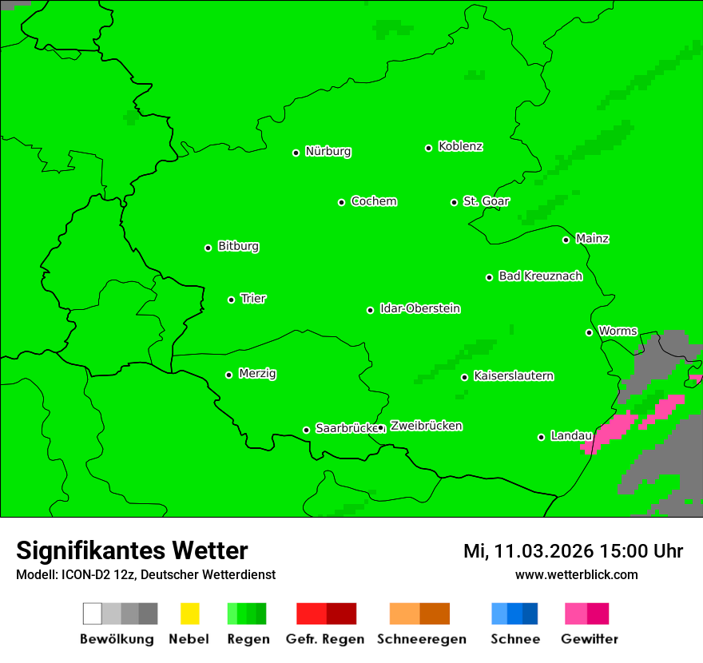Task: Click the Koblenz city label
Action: (x=460, y=147)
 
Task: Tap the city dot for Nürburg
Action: (x=296, y=153)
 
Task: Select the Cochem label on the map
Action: (x=374, y=201)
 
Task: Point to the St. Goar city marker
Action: (x=454, y=202)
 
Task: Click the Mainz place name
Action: (x=592, y=239)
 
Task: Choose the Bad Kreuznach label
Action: (x=540, y=276)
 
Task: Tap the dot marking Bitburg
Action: (x=208, y=248)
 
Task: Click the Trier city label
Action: (x=253, y=299)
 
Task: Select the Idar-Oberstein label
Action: (x=420, y=309)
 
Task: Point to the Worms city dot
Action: (x=589, y=332)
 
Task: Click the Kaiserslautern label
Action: (x=514, y=376)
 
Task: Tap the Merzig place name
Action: (x=257, y=374)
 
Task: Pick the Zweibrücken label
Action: (x=426, y=427)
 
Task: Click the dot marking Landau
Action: (x=541, y=437)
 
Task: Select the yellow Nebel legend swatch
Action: (x=189, y=613)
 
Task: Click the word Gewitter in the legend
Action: (x=590, y=639)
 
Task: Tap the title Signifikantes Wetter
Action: (x=132, y=551)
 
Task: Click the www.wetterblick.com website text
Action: (x=576, y=575)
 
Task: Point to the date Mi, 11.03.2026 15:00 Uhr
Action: (x=573, y=551)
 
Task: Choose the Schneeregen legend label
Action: (x=421, y=639)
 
